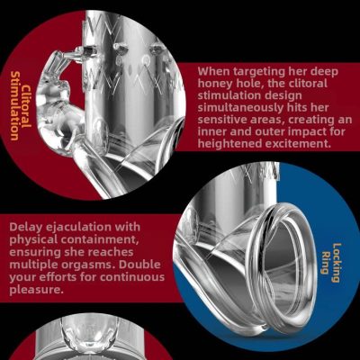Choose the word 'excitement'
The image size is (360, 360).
pos(297,144)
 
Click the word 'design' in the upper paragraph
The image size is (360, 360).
pos(282,96)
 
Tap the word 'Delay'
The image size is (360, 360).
pos(25,228)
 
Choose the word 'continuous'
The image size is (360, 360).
pos(132,277)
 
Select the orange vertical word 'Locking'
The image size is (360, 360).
pos(336,263)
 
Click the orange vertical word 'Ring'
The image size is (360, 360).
pos(323,263)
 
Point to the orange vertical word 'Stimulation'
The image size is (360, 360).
pos(14,105)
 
